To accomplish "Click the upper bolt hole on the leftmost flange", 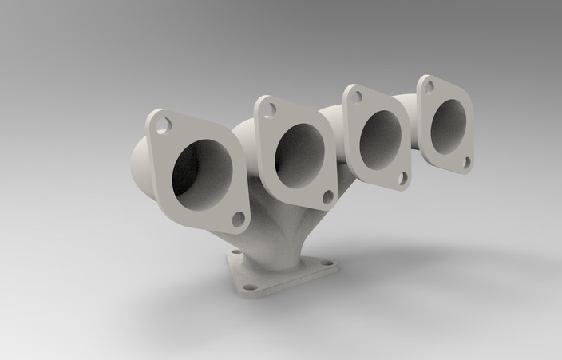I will coord(163,125).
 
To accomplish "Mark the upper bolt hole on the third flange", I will coord(357,97).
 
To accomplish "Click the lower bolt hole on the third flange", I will coord(402,179).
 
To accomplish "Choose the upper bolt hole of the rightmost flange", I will coord(430,86).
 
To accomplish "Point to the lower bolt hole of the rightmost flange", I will coord(466,162).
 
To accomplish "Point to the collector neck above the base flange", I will coord(267,239).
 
